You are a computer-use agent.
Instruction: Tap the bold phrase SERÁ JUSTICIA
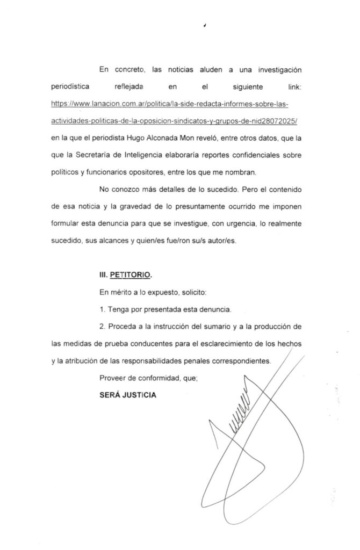pyautogui.click(x=128, y=395)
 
